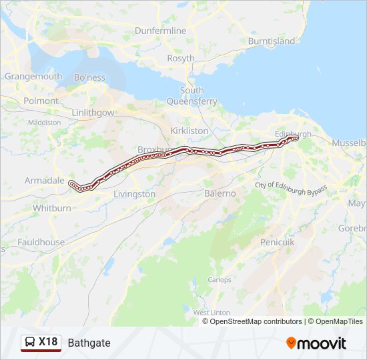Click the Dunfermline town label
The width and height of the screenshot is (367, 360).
tap(160, 31)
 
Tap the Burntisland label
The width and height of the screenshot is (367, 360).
tap(271, 41)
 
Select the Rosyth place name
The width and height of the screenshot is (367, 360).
tap(181, 58)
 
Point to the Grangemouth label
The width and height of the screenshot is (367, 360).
tap(33, 77)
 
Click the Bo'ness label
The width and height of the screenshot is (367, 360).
tap(90, 77)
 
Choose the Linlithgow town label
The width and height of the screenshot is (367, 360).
tap(93, 113)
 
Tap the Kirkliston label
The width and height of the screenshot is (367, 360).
tap(190, 131)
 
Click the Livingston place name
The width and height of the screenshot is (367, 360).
tap(134, 194)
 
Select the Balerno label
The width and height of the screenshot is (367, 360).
tap(220, 193)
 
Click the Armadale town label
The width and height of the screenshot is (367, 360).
tap(44, 180)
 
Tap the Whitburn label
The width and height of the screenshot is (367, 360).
tap(52, 208)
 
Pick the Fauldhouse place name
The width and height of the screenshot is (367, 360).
tap(41, 242)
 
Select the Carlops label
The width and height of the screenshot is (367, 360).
tap(219, 279)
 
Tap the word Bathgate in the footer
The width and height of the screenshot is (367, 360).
tap(89, 343)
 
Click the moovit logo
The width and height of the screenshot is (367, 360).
tap(316, 343)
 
